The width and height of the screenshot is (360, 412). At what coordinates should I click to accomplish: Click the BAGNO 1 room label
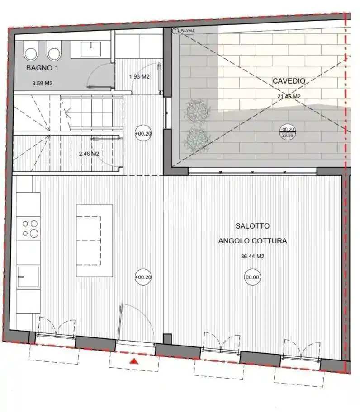[42, 68]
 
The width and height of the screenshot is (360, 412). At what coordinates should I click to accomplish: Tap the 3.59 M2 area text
[43, 83]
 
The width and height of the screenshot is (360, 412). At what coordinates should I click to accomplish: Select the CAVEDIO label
[289, 81]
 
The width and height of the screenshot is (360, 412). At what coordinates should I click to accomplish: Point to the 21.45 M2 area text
[289, 96]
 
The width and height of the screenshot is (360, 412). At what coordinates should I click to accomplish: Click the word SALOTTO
[252, 226]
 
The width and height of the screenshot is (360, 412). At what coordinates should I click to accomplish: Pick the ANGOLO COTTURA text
[252, 241]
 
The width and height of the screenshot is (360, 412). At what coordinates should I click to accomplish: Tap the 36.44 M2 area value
[252, 256]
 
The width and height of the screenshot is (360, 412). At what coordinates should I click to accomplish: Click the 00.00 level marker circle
[252, 277]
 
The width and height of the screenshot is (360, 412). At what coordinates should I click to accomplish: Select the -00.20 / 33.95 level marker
[288, 132]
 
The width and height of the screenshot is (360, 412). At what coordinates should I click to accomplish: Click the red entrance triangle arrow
[134, 361]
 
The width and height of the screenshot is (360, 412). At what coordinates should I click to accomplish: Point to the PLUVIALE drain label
[188, 30]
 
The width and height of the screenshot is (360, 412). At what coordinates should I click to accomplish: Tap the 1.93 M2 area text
[139, 77]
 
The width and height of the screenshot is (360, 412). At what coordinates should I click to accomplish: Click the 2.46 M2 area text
[89, 154]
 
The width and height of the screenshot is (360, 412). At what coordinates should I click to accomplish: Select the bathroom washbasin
[91, 49]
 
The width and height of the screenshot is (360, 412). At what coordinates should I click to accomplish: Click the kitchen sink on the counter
[28, 276]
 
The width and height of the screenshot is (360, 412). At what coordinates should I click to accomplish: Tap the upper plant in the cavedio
[197, 111]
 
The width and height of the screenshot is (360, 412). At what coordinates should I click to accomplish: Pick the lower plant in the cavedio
[197, 140]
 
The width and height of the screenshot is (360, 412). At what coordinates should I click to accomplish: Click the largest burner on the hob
[34, 233]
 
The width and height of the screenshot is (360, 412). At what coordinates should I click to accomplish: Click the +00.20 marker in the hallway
[143, 133]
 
